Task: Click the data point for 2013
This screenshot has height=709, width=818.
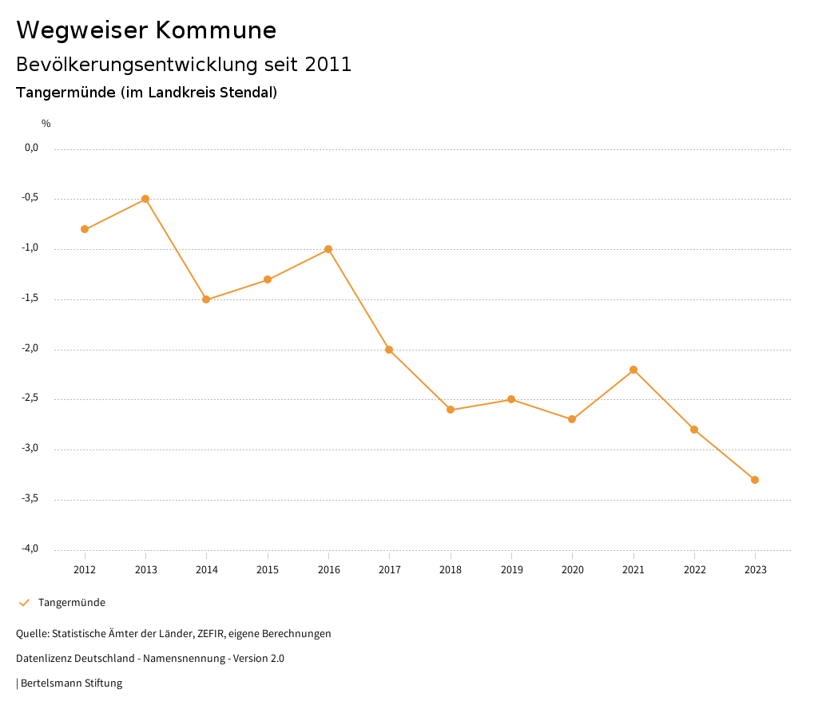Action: (x=145, y=199)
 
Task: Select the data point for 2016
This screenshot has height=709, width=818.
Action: (x=328, y=249)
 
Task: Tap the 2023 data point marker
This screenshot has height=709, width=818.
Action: (x=755, y=480)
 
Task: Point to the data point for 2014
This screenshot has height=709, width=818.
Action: (x=206, y=299)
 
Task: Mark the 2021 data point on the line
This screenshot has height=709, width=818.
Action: (x=633, y=370)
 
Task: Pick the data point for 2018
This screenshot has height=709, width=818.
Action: (x=451, y=410)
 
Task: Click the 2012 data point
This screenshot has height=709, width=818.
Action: (x=85, y=229)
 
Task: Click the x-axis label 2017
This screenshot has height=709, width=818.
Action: (x=389, y=570)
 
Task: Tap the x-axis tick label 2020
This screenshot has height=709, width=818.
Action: (x=572, y=570)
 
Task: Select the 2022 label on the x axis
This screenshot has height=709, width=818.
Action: (x=694, y=570)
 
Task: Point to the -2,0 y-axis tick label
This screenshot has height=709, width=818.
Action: (x=31, y=349)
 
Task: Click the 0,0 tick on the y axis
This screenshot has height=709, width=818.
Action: (x=32, y=148)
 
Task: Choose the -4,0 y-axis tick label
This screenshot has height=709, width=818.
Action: (x=31, y=549)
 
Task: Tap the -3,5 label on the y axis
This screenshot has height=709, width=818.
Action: (x=31, y=499)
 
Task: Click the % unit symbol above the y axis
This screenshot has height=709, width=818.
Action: (x=46, y=124)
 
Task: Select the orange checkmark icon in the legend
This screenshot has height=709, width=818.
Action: (x=24, y=603)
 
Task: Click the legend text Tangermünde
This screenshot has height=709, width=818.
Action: (x=72, y=603)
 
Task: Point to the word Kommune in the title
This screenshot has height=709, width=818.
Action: (x=216, y=30)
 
